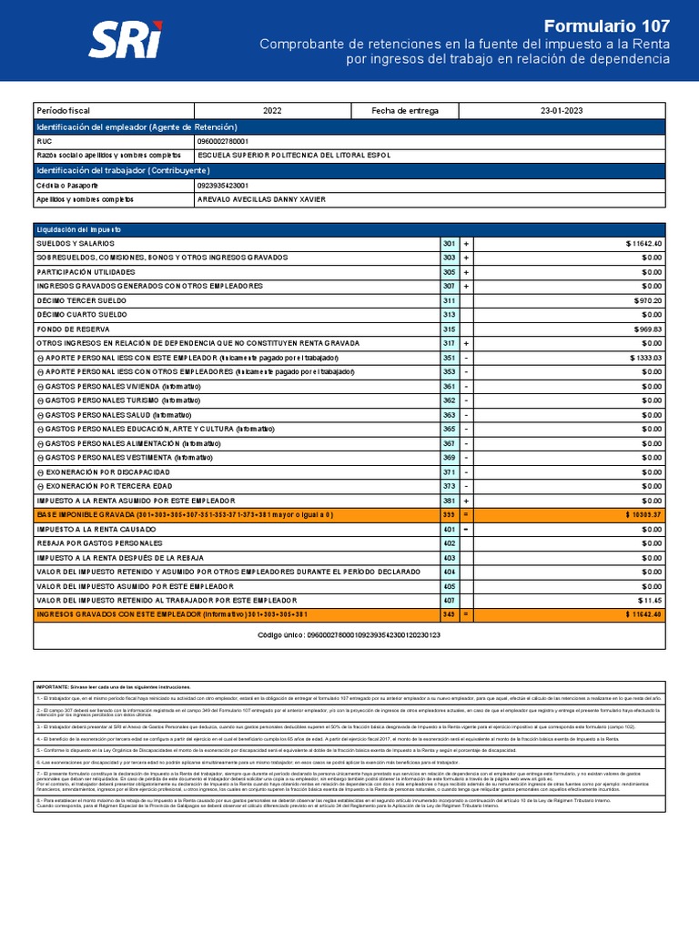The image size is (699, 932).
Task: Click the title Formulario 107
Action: (x=606, y=25)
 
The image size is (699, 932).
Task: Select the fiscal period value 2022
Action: (x=272, y=110)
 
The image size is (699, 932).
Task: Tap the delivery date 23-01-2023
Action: (x=562, y=110)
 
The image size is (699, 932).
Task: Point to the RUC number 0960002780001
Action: (x=222, y=142)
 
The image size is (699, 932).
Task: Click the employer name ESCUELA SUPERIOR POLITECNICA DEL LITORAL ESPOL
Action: (x=293, y=156)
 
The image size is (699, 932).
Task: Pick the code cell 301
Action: (x=449, y=244)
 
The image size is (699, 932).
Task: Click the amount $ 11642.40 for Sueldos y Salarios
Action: (x=643, y=244)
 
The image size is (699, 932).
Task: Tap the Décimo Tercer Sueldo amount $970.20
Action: (x=648, y=300)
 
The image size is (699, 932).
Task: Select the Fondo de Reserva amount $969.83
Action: (x=648, y=329)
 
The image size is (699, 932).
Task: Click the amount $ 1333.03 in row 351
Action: (x=645, y=358)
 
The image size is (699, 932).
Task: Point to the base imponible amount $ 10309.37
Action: (x=643, y=514)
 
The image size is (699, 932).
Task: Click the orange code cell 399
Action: (x=449, y=514)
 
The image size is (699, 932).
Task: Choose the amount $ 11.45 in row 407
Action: (x=650, y=601)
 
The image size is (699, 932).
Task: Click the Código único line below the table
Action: (x=349, y=634)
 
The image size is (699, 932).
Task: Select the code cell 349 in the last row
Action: (x=449, y=614)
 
